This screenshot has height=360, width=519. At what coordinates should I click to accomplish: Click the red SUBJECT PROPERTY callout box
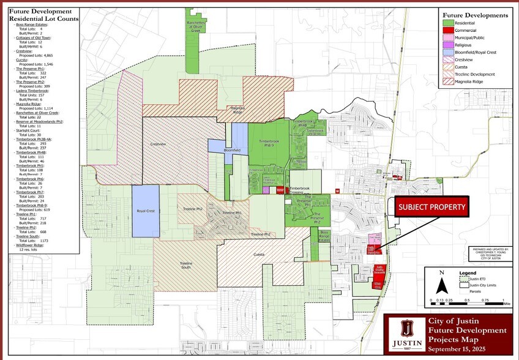point(432,207)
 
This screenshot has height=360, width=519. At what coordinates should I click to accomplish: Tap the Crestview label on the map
point(158,144)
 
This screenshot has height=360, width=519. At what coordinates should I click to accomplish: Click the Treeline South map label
point(186,264)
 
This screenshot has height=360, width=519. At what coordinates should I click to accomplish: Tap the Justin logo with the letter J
point(405,333)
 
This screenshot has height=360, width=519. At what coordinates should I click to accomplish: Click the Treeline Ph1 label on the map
point(233,212)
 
